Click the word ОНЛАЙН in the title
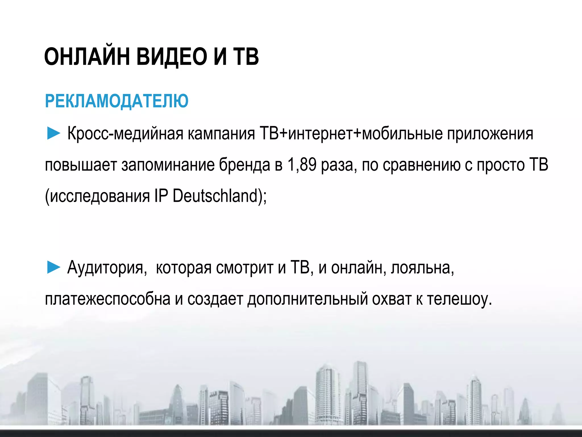pos(87,56)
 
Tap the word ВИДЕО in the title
pos(172,56)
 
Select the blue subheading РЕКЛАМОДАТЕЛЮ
pos(117,101)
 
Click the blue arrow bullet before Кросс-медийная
pos(53,133)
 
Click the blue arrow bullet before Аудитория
pos(53,268)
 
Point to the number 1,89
pos(302,165)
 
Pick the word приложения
pos(490,133)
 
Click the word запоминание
pos(168,165)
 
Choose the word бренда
pos(244,165)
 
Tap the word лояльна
pos(422,268)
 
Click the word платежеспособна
pos(108,299)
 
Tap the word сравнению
pos(421,165)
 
